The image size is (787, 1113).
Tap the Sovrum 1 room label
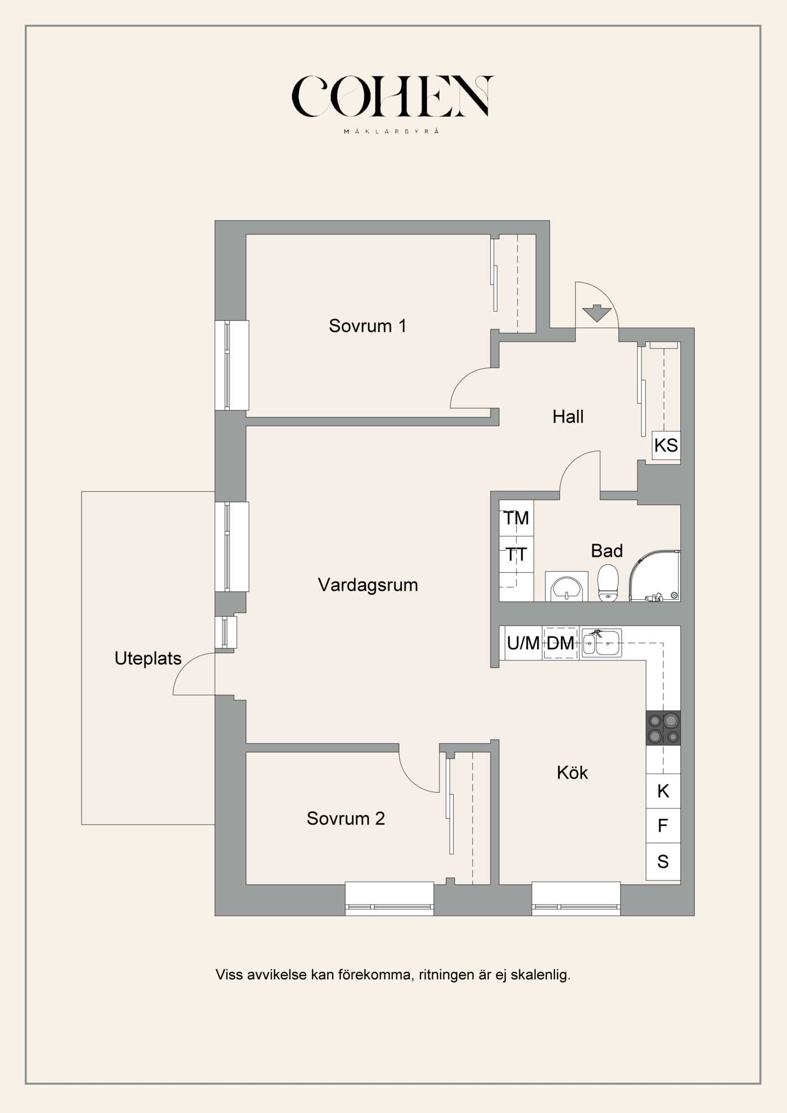[368, 325]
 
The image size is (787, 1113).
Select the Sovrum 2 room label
[346, 818]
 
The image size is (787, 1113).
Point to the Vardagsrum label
[368, 585]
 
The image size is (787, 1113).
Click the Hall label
[568, 417]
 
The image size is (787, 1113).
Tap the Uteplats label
[148, 658]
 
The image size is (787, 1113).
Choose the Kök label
[572, 772]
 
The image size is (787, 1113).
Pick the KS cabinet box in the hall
[666, 445]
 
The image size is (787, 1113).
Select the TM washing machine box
[516, 518]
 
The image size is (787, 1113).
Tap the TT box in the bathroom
[516, 554]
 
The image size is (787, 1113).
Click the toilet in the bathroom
[608, 582]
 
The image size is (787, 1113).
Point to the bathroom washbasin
[567, 587]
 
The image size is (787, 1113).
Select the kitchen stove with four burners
[663, 728]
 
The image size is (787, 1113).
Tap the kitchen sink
[601, 643]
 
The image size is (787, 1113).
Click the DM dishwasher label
[560, 643]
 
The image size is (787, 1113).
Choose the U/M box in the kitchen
[523, 643]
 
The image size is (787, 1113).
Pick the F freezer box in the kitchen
[663, 826]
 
